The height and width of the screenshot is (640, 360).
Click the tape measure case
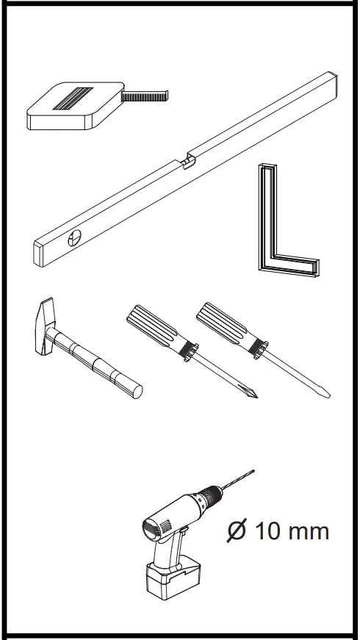pyautogui.click(x=70, y=107)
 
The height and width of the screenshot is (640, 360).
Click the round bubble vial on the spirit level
pyautogui.click(x=75, y=238)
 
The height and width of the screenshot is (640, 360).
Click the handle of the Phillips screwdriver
pyautogui.click(x=153, y=328)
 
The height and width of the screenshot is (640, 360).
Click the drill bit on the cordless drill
pyautogui.click(x=237, y=479)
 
